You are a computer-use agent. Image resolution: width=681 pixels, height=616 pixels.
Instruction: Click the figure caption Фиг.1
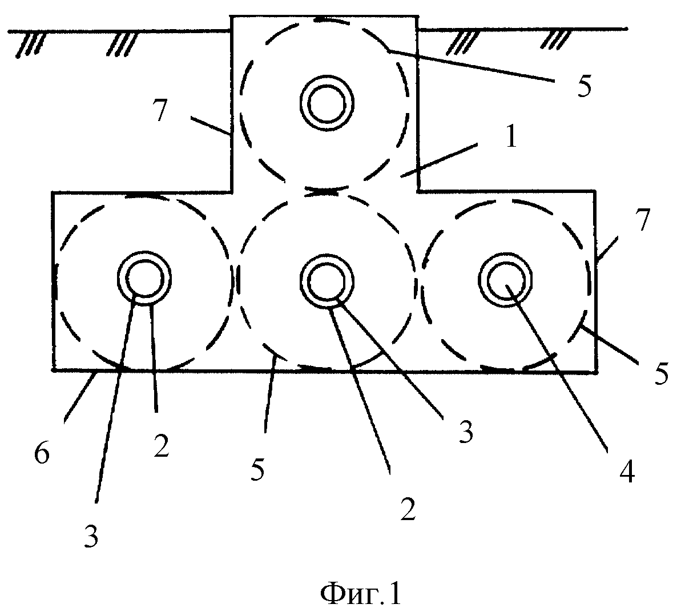360,595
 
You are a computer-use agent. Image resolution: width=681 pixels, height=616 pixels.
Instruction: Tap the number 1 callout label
511,139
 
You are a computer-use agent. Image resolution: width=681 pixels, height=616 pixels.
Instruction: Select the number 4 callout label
627,473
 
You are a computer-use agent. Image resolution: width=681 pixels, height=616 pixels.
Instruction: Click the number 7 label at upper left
160,112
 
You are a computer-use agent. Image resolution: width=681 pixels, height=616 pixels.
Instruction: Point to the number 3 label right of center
466,434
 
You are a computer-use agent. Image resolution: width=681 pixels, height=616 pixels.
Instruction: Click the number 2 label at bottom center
407,510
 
